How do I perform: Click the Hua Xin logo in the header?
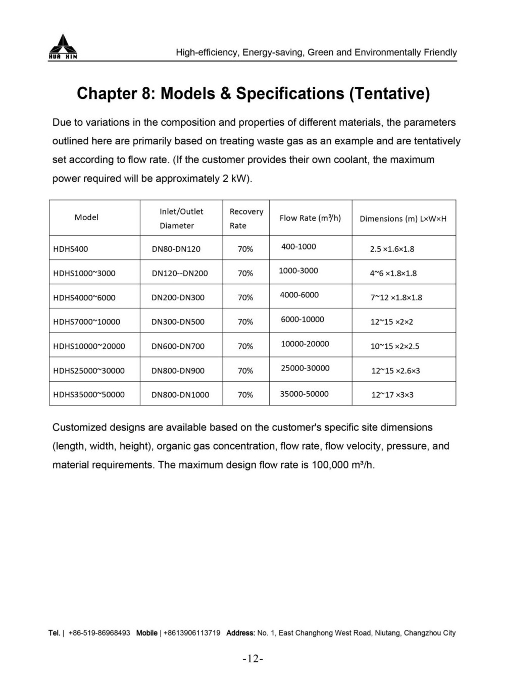click(x=63, y=46)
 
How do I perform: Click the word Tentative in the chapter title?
click(x=390, y=93)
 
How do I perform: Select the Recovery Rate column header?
click(x=246, y=218)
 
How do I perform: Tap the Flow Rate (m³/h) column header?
click(x=310, y=218)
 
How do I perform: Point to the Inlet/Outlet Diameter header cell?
click(x=181, y=218)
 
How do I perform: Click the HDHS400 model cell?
click(x=70, y=249)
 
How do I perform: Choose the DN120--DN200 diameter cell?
click(x=180, y=273)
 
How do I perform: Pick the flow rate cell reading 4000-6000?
click(x=299, y=295)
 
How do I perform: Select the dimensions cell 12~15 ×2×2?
click(x=392, y=322)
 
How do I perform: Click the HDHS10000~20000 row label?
click(x=89, y=346)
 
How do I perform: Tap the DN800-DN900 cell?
click(x=178, y=370)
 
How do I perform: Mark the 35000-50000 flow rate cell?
click(x=304, y=394)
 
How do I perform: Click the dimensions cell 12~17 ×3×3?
click(x=392, y=395)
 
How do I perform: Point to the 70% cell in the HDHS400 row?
click(x=245, y=249)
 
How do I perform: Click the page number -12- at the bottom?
click(x=253, y=659)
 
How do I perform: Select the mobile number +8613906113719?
click(x=192, y=633)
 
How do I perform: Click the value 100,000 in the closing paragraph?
click(x=329, y=465)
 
